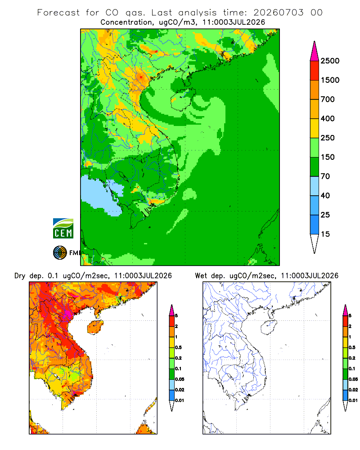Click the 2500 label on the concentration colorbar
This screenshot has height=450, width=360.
tap(330, 61)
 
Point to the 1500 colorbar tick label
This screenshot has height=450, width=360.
tap(330, 80)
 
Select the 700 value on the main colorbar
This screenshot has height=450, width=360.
tap(328, 99)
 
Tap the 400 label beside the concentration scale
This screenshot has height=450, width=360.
tap(328, 118)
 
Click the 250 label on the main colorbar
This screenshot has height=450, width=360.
tap(328, 138)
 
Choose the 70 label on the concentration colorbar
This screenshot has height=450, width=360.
tap(325, 176)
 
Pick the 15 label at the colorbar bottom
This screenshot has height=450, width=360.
tap(325, 234)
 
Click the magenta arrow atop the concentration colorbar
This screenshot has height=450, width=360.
tap(315, 51)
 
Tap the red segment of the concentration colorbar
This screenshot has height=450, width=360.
tap(315, 71)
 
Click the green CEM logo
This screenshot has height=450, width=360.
tap(63, 229)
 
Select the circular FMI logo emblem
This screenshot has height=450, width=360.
tap(60, 253)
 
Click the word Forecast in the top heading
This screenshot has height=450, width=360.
tap(58, 13)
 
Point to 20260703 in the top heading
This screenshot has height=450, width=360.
tap(278, 13)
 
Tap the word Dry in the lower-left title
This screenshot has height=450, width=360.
tap(20, 276)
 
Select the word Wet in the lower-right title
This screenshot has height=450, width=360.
tap(201, 276)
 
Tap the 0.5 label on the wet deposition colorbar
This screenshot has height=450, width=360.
tap(352, 347)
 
